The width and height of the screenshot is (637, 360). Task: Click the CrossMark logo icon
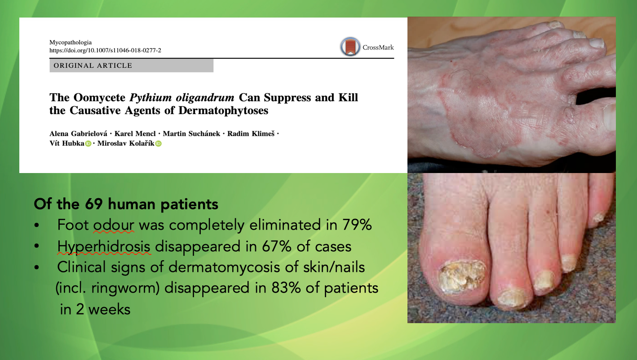click(x=350, y=47)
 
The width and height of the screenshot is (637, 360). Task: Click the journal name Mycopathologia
click(x=71, y=42)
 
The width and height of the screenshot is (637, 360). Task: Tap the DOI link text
click(x=105, y=50)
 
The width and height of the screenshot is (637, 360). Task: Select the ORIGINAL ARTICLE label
click(x=93, y=66)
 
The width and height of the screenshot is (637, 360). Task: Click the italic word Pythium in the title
click(x=150, y=98)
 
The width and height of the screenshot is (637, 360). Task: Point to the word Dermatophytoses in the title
click(x=223, y=111)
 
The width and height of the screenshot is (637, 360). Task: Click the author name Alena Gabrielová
click(x=78, y=133)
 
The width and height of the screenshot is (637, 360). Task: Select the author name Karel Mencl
click(x=135, y=133)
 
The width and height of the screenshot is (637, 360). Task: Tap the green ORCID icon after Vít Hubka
click(x=88, y=144)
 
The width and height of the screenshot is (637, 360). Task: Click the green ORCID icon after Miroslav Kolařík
click(x=159, y=144)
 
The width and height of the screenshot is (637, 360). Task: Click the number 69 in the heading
click(x=93, y=204)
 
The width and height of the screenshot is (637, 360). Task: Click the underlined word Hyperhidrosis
click(x=103, y=246)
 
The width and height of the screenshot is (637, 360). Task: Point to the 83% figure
click(x=286, y=288)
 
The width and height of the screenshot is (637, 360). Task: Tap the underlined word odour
click(x=114, y=225)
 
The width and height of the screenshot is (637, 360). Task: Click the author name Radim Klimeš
click(x=251, y=133)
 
